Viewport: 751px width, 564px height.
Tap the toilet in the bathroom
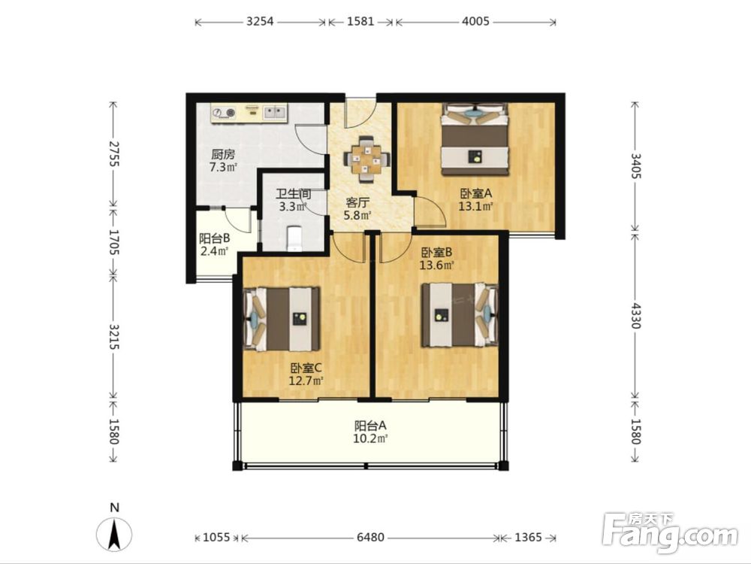[294, 238]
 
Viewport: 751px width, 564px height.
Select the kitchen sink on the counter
[276, 112]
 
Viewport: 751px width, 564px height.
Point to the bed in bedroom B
[460, 314]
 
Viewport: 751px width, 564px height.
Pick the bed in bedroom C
[282, 319]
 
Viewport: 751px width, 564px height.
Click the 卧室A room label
[476, 193]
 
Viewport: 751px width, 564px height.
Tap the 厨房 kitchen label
[223, 154]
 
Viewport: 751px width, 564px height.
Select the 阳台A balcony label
[370, 426]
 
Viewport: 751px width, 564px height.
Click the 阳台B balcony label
[215, 238]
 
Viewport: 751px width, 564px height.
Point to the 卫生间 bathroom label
[293, 194]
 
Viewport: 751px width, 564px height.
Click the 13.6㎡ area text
[437, 265]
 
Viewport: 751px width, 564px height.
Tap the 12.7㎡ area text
[306, 381]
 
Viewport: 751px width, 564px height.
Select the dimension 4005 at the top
[475, 21]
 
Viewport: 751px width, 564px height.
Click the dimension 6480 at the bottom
[370, 537]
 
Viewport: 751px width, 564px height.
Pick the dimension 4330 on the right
[635, 315]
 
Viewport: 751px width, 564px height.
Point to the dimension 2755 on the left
[113, 153]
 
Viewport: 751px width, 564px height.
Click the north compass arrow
[114, 534]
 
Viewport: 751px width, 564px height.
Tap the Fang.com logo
[670, 533]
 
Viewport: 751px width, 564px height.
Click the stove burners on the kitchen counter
[225, 113]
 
